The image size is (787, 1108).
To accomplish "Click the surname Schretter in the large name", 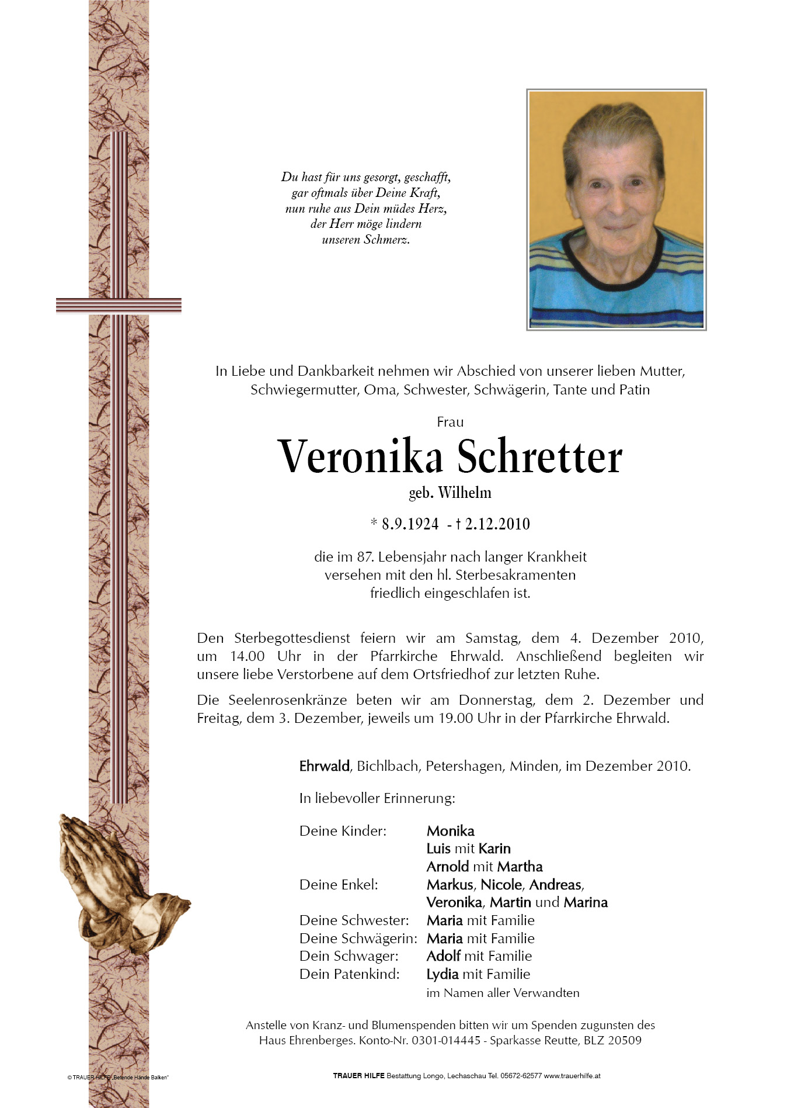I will pyautogui.click(x=539, y=458).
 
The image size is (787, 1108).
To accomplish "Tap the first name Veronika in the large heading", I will pyautogui.click(x=360, y=458).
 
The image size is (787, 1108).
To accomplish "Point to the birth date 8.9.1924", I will pyautogui.click(x=410, y=524).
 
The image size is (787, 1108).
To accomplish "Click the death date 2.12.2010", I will pyautogui.click(x=497, y=524).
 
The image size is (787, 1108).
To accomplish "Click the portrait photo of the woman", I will pyautogui.click(x=616, y=209).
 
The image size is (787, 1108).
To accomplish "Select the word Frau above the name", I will pyautogui.click(x=450, y=422).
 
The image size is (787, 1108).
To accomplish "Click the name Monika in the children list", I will pyautogui.click(x=450, y=831).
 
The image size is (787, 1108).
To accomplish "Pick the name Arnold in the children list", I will pyautogui.click(x=448, y=867).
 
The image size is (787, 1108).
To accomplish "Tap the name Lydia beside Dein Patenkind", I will pyautogui.click(x=443, y=974).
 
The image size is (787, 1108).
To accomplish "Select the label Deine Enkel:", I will pyautogui.click(x=339, y=885).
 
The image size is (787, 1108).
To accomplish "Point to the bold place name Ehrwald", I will pyautogui.click(x=324, y=766).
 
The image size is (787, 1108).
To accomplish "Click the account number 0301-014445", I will pyautogui.click(x=446, y=1040).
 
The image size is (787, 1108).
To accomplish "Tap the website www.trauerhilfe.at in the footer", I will pyautogui.click(x=572, y=1076).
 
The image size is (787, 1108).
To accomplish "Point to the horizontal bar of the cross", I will pyautogui.click(x=119, y=306).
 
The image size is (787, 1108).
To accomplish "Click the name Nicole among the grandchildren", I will pyautogui.click(x=502, y=885).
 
